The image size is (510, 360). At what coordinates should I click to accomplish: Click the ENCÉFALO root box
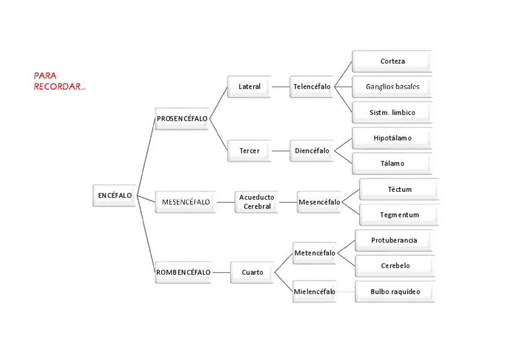(115, 195)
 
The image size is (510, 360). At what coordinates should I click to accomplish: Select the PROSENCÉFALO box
(182, 118)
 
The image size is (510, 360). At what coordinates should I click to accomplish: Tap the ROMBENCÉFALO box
(183, 272)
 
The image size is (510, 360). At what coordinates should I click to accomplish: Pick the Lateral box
(250, 87)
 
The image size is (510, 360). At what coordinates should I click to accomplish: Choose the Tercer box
(250, 151)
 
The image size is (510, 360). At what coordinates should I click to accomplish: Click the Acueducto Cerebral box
(257, 202)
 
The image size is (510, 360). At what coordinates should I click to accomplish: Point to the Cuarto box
(252, 272)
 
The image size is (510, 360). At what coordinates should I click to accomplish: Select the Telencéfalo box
(312, 87)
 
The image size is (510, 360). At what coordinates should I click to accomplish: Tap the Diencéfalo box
(312, 151)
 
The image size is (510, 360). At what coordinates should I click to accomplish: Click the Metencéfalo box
(315, 253)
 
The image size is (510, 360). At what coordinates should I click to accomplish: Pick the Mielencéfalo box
(315, 291)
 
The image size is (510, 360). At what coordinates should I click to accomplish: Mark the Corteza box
(392, 61)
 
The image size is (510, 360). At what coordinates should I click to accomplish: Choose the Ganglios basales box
(392, 87)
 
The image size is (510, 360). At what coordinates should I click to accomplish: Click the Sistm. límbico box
(392, 112)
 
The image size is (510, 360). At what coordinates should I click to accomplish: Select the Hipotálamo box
(392, 138)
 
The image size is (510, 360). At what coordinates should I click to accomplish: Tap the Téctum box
(399, 189)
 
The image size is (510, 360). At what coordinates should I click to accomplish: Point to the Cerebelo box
(395, 266)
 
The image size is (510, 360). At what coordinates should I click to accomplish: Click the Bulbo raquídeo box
(395, 291)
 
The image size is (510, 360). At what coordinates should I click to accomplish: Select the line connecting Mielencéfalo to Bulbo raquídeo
(346, 291)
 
